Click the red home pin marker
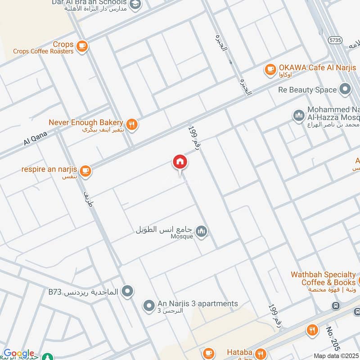coord(180,162)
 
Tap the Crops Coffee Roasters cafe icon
coord(81,45)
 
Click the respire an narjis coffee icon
coord(85,171)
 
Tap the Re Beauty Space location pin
coord(345,90)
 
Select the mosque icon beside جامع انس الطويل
coord(202,232)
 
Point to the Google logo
coord(18,354)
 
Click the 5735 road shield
coord(335,40)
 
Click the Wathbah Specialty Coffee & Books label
coord(323,278)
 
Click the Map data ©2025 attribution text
coord(336,355)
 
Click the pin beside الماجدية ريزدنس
coord(128,291)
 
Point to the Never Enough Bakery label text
coord(85,122)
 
